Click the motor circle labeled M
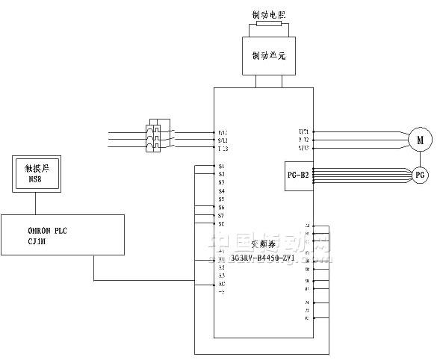(x=420, y=139)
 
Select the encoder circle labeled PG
(x=420, y=174)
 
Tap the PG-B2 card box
(x=298, y=175)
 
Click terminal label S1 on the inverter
(x=221, y=166)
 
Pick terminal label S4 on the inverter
(x=221, y=191)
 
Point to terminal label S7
(x=221, y=216)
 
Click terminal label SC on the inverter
(x=221, y=224)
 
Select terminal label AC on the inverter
(x=221, y=285)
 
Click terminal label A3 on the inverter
(x=221, y=276)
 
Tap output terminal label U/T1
(x=303, y=131)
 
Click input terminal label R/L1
(x=223, y=132)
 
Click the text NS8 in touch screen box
(x=34, y=179)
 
